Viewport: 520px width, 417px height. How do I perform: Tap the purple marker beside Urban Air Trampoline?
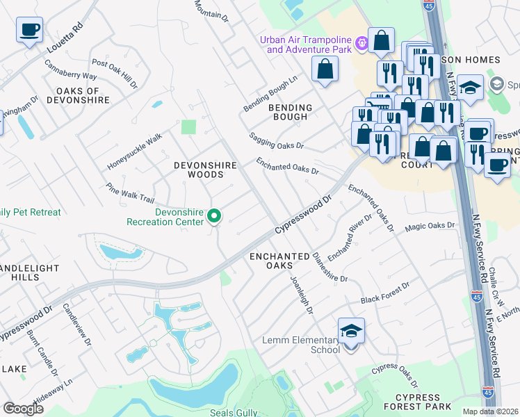tap(361, 44)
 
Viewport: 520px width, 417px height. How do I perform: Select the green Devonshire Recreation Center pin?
tap(215, 218)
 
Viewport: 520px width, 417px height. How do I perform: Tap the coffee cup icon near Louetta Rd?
tap(30, 31)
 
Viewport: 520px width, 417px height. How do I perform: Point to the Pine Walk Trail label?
tap(129, 193)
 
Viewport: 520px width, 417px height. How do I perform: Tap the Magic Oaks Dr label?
tap(430, 226)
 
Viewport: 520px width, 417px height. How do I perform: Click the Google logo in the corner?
tap(23, 409)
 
